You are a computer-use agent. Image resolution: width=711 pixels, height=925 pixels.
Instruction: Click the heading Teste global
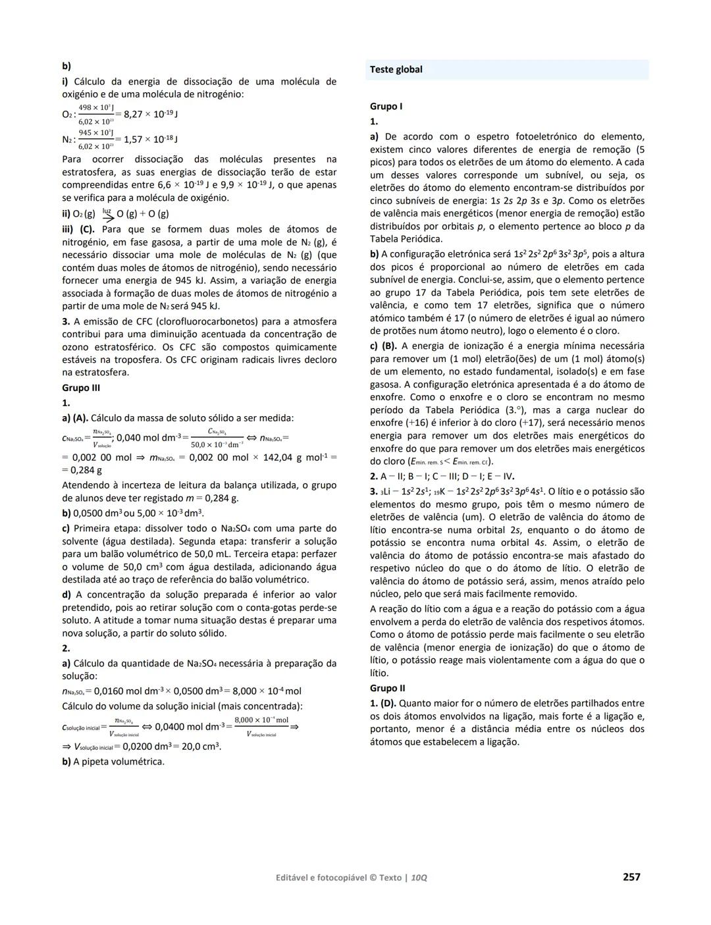coord(396,70)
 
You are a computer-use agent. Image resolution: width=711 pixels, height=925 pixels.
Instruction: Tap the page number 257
coord(631,877)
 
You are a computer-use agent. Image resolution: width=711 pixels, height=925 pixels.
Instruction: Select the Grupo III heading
coord(81,388)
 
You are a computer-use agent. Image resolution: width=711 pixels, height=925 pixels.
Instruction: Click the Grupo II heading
coord(388,688)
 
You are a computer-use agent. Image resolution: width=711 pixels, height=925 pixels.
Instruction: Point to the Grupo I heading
coord(386,106)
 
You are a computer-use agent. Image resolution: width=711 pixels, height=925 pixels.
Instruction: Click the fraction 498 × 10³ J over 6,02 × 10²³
coord(96,114)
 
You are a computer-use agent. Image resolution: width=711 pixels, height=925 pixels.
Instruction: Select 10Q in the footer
coord(419,878)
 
